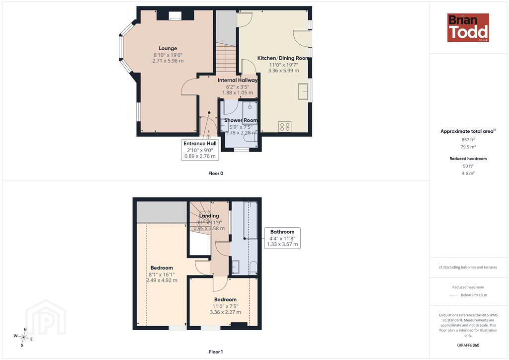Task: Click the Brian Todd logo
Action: [468, 27]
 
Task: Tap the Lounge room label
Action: [168, 48]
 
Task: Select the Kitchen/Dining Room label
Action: [283, 58]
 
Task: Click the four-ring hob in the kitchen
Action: [285, 127]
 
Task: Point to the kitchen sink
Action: [303, 91]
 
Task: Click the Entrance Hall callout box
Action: [200, 150]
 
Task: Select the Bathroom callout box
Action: [282, 238]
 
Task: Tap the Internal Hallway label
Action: [238, 80]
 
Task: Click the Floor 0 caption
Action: [216, 174]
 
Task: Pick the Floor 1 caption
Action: [216, 352]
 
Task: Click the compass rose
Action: [23, 338]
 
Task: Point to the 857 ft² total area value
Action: [468, 140]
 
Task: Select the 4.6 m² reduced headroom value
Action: [468, 173]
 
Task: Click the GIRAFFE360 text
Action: [468, 345]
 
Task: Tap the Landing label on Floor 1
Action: [209, 216]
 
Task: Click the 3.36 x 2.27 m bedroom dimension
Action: [225, 312]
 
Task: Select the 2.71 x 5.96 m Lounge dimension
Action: [168, 61]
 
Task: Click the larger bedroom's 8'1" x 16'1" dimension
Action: [162, 274]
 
